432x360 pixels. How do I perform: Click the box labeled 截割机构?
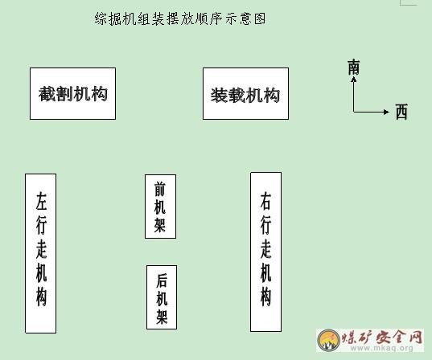point(72,93)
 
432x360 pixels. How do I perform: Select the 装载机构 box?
point(245,93)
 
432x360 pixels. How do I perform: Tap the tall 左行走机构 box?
point(41,253)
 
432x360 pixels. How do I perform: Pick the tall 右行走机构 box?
point(265,252)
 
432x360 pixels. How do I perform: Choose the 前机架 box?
point(160,207)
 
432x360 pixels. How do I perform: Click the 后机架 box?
point(162,297)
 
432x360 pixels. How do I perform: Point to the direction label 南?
point(354,67)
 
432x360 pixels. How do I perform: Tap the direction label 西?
point(401,112)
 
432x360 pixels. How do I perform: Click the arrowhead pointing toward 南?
point(354,80)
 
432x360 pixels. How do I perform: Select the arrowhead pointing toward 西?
point(386,112)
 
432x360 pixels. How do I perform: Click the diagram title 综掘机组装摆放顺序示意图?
point(180,18)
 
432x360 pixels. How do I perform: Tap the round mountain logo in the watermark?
point(329,340)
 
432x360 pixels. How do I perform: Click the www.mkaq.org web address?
point(382,348)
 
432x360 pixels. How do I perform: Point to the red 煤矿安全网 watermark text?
point(382,337)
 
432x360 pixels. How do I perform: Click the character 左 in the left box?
point(41,201)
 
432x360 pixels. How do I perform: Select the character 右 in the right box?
point(265,201)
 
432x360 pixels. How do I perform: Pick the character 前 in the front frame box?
point(160,190)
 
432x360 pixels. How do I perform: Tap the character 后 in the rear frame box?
point(162,280)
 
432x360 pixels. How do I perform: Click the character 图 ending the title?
point(260,18)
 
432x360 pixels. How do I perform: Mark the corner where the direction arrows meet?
point(354,112)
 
